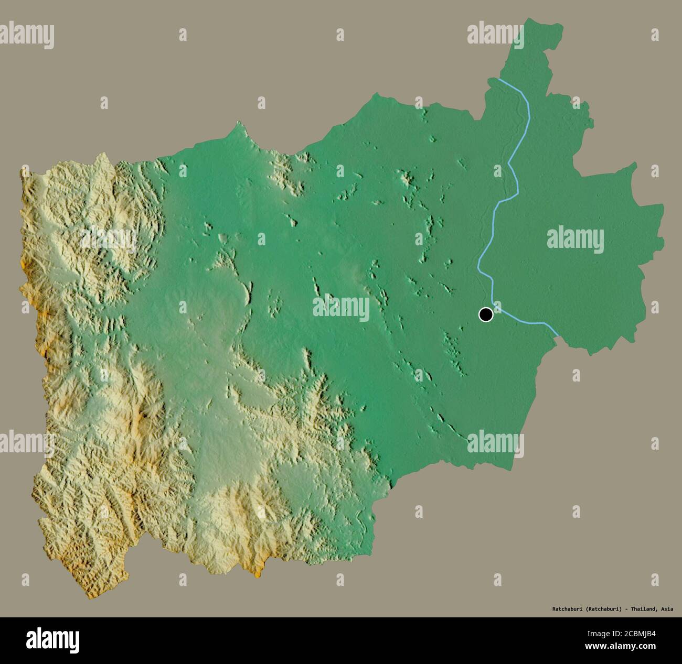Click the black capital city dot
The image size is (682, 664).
pos(486,314)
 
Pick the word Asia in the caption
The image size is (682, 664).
pos(667,609)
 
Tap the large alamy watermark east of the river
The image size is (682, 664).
pos(575,240)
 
